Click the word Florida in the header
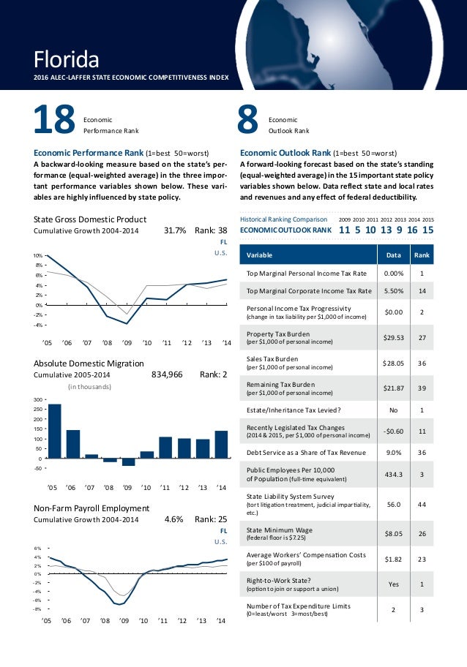[x=67, y=57]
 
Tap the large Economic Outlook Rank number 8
[x=249, y=121]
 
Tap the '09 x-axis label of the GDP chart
[x=127, y=342]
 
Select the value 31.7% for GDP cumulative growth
[x=175, y=231]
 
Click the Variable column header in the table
[x=260, y=255]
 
